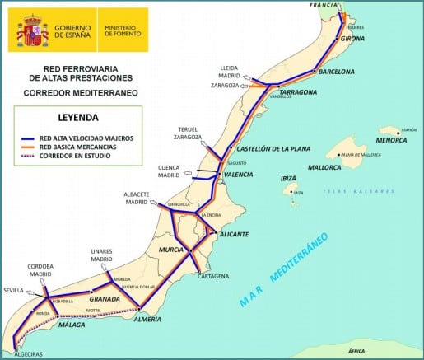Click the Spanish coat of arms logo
[x=31, y=30]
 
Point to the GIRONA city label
[x=352, y=39]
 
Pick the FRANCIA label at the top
[x=323, y=4]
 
